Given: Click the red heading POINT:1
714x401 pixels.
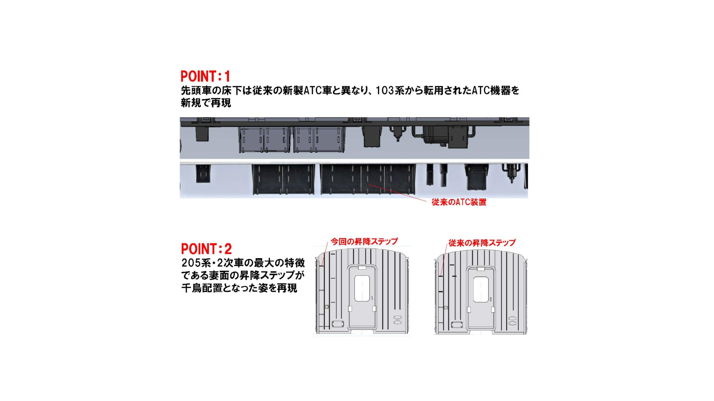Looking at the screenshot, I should click(x=205, y=76).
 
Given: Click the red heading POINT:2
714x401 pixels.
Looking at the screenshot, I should click(x=206, y=249).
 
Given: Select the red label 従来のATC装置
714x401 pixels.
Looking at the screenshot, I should click(x=459, y=202).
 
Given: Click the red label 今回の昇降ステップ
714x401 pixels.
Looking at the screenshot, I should click(x=364, y=241).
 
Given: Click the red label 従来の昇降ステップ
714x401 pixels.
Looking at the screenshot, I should click(x=482, y=243).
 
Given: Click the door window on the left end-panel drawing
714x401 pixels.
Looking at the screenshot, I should click(x=362, y=288).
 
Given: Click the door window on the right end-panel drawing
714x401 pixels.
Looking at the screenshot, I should click(x=481, y=290).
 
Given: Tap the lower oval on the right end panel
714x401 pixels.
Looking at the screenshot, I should click(x=512, y=323).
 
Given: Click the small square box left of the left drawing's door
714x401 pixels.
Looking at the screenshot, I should click(x=327, y=307).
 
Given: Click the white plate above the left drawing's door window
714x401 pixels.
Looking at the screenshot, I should click(x=362, y=268).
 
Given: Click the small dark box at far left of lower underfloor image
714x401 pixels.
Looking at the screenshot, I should click(x=203, y=174).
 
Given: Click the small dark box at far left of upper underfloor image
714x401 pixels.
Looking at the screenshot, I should click(x=202, y=134).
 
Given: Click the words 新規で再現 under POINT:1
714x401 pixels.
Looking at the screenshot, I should click(x=206, y=103).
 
